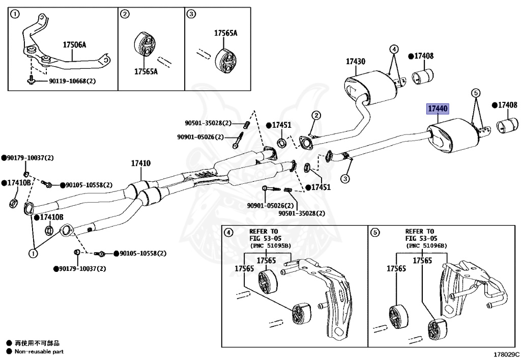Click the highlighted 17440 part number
pyautogui.click(x=437, y=109)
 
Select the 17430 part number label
pyautogui.click(x=356, y=62)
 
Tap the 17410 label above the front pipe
pyautogui.click(x=140, y=163)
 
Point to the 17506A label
pyautogui.click(x=74, y=45)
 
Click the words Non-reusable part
pyautogui.click(x=39, y=351)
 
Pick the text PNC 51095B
pyautogui.click(x=270, y=245)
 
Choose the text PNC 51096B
pyautogui.click(x=426, y=245)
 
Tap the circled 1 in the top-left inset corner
pyautogui.click(x=15, y=14)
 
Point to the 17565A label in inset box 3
pyautogui.click(x=225, y=33)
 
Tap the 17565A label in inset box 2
pyautogui.click(x=146, y=72)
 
